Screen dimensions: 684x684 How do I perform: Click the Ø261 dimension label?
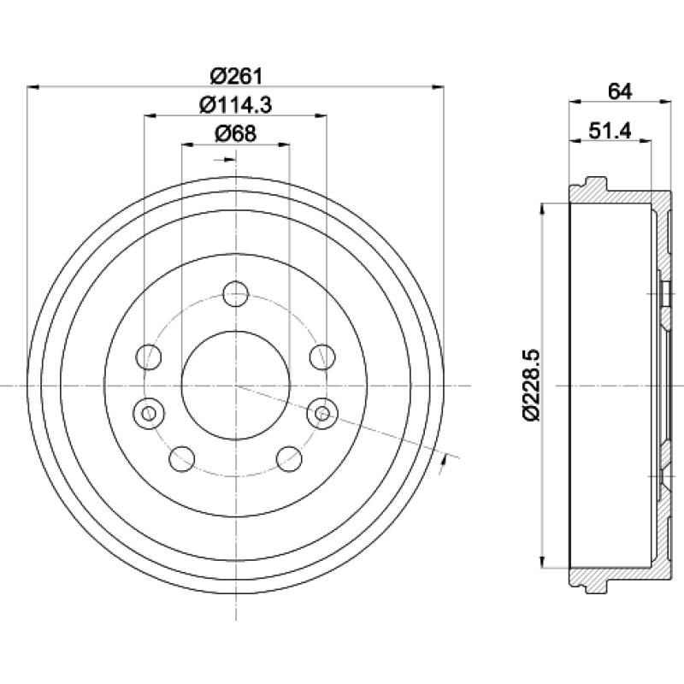click(x=237, y=77)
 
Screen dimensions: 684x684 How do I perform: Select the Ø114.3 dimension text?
click(x=236, y=105)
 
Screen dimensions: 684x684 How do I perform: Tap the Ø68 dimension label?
click(x=236, y=133)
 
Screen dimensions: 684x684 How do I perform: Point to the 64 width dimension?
click(x=619, y=91)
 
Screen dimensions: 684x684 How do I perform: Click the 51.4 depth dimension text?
click(x=610, y=131)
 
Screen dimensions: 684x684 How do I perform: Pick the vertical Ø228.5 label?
click(x=532, y=385)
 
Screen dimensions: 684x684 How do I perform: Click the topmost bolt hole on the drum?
click(x=236, y=293)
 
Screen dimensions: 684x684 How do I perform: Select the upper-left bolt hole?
click(x=149, y=357)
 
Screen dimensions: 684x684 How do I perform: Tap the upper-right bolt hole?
click(x=322, y=357)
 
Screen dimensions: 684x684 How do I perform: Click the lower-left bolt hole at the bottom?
click(x=181, y=459)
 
